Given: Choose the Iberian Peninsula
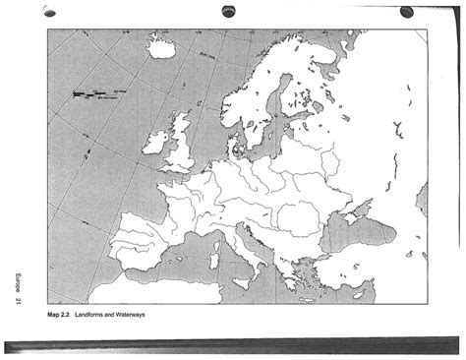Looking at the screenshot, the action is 145,244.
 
